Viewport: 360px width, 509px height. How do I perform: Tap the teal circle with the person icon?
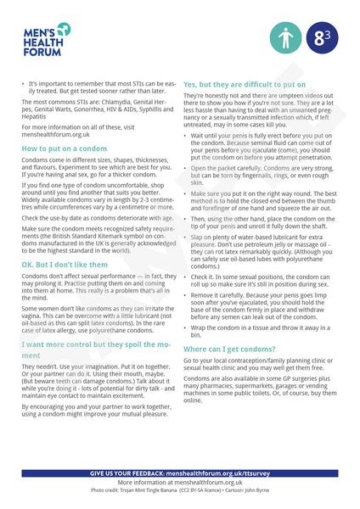coord(285,38)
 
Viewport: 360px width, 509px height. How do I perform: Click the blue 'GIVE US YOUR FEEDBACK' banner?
coord(180,473)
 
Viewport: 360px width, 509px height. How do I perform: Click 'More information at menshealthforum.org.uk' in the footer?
coord(180,482)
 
